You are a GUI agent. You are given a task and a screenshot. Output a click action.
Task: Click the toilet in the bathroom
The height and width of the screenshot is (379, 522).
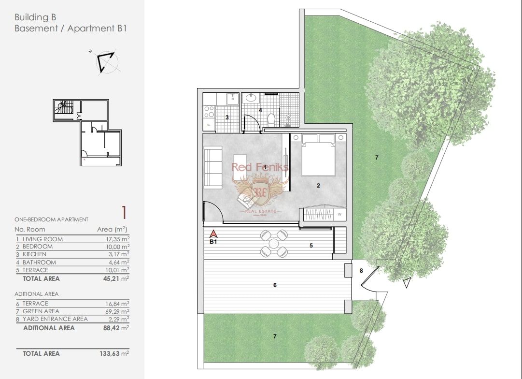click(271, 118)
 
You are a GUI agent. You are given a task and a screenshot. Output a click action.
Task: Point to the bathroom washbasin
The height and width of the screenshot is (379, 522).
click(252, 98)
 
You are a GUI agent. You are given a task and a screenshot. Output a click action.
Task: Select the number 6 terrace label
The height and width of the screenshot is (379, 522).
click(275, 285)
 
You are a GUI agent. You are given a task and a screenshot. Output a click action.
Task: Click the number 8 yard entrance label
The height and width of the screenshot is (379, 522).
click(361, 271)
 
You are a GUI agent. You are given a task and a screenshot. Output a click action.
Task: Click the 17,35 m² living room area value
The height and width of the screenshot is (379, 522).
click(117, 239)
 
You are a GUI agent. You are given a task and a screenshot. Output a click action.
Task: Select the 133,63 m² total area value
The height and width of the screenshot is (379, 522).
click(116, 353)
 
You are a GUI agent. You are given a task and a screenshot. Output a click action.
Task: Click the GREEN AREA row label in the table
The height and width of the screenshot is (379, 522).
click(41, 311)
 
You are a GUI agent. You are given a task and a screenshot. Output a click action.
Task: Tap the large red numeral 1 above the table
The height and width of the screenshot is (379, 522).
click(124, 212)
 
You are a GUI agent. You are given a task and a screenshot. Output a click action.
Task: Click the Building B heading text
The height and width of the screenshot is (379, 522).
click(39, 17)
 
